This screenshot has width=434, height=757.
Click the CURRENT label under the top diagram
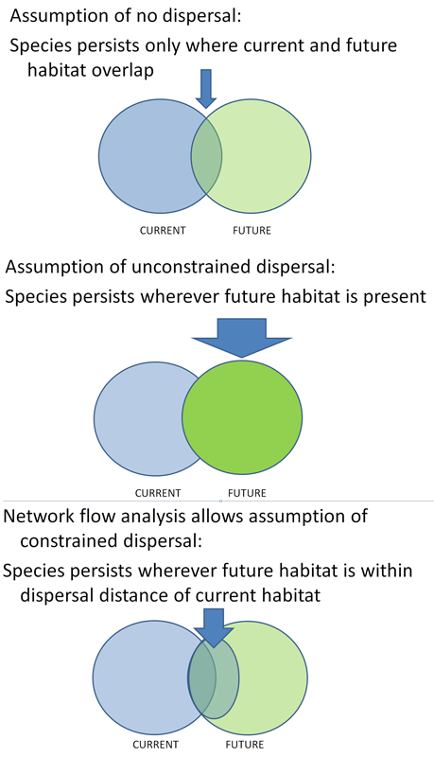pyautogui.click(x=163, y=231)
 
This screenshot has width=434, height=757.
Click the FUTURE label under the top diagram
pyautogui.click(x=252, y=231)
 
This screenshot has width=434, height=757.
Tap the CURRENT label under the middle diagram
pyautogui.click(x=158, y=493)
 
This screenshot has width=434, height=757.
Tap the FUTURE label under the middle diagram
pyautogui.click(x=247, y=493)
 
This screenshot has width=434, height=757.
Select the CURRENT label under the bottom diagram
pyautogui.click(x=156, y=745)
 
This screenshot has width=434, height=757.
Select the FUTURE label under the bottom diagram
pyautogui.click(x=245, y=745)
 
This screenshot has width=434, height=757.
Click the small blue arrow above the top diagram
pyautogui.click(x=206, y=89)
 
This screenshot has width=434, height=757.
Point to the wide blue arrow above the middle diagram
pyautogui.click(x=242, y=338)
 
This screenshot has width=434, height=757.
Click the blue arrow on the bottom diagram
pyautogui.click(x=214, y=627)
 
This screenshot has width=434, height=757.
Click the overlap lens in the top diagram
pyautogui.click(x=206, y=156)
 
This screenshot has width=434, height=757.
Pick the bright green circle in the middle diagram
pyautogui.click(x=242, y=417)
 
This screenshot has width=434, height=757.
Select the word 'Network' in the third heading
pyautogui.click(x=39, y=516)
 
